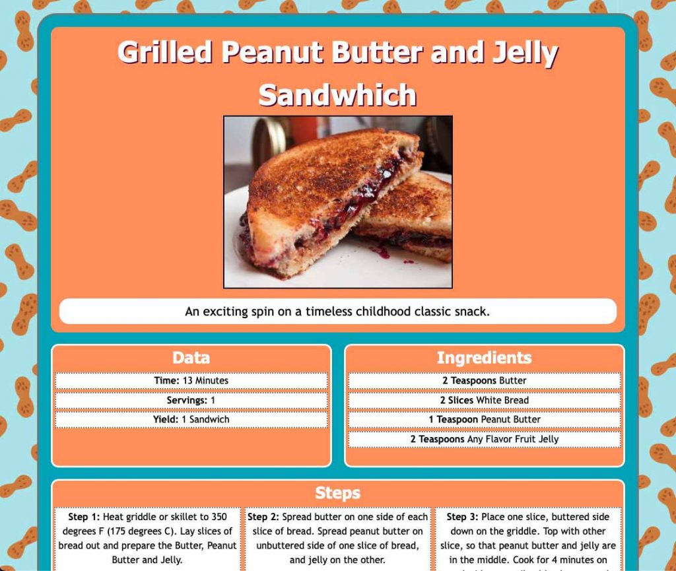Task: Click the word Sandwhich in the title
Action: pos(337,95)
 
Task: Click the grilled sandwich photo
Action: pos(337,202)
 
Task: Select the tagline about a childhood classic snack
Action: pos(337,312)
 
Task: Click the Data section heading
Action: pos(191,358)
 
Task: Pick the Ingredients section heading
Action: pos(484,358)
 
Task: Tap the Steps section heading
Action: pos(337,493)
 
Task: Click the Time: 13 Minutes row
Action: pos(191,381)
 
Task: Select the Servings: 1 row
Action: pos(191,400)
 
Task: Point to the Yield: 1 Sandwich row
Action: pos(191,419)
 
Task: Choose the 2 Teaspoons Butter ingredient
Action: pos(484,381)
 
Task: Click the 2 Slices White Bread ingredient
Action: pos(484,400)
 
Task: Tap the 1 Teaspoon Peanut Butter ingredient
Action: pos(484,419)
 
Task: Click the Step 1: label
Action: pos(84,517)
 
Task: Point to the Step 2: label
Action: pos(263,517)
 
